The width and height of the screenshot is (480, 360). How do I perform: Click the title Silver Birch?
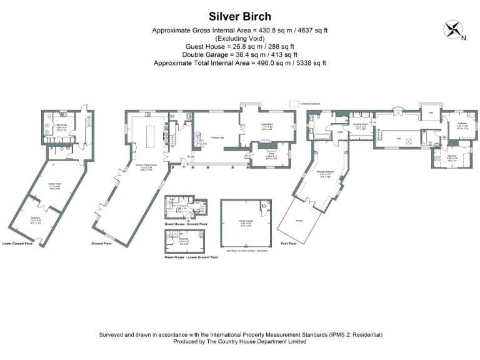(x=240, y=15)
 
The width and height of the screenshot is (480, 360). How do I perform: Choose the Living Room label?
(x=267, y=125)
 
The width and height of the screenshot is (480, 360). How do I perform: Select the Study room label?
(x=271, y=150)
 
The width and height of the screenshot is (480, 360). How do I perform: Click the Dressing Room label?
(x=361, y=125)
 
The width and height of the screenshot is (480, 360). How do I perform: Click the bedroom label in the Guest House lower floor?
(x=184, y=239)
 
